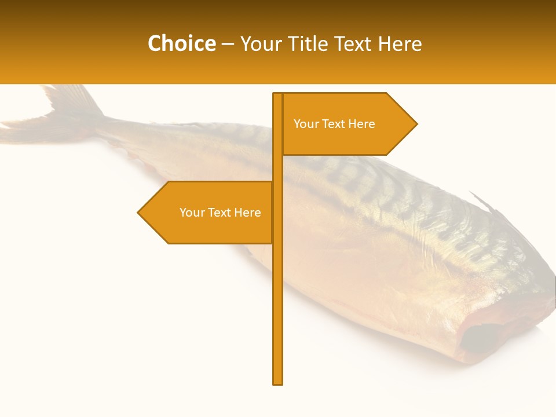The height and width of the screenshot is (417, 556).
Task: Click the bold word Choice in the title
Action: pos(181,43)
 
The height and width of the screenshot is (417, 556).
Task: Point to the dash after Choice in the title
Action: pos(228,44)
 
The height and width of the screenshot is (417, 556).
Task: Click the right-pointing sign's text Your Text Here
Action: pos(334,124)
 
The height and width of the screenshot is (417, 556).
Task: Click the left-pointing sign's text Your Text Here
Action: pos(220,213)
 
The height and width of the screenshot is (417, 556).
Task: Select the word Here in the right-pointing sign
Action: pos(361,124)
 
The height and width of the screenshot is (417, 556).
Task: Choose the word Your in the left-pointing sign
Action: pos(192,213)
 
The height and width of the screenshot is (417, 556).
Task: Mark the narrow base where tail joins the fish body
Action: pos(107,125)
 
